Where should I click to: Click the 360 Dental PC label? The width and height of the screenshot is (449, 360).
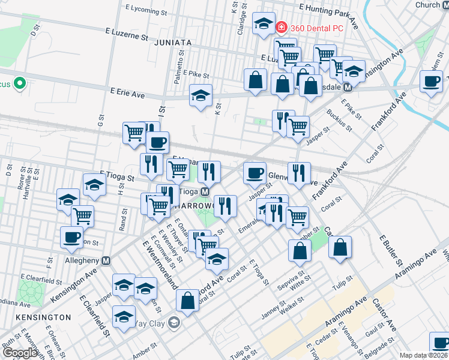[317, 28]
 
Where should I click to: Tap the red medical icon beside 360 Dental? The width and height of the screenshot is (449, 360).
[281, 28]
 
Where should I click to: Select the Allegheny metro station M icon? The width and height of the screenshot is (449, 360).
[106, 261]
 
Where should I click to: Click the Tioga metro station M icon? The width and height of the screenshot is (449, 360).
[205, 191]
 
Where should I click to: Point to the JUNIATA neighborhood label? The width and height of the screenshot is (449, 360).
[172, 43]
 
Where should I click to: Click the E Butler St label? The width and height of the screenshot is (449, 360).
[390, 250]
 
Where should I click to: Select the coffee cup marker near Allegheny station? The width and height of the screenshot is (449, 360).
[72, 236]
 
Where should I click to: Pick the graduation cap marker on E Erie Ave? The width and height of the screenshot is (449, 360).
[201, 95]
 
